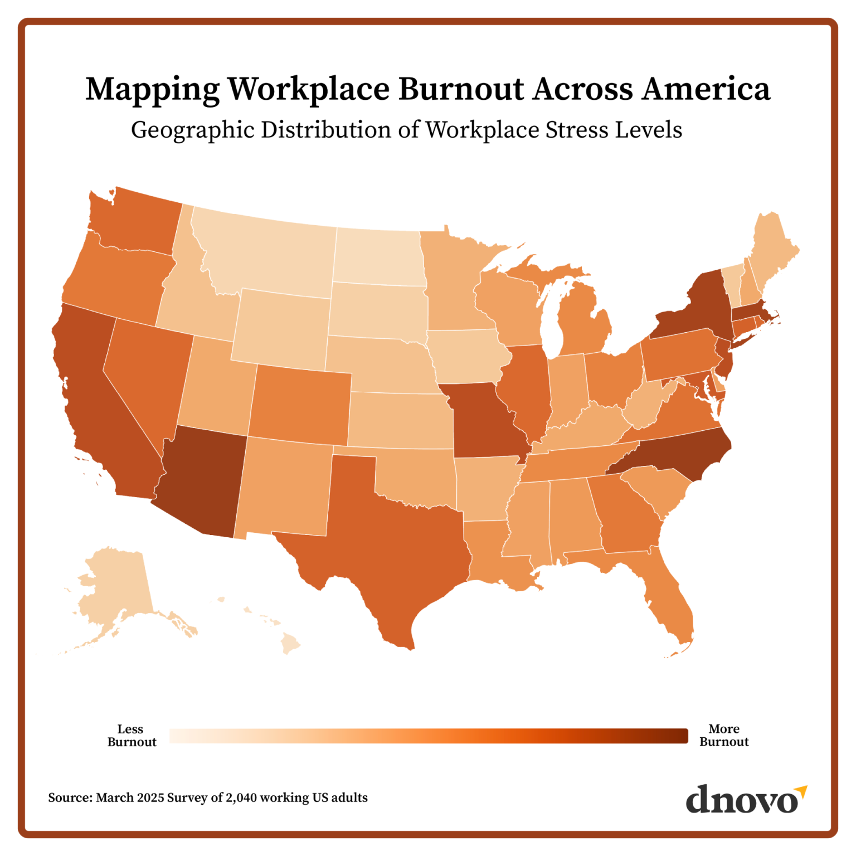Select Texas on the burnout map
point(390,535)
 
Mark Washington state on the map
point(139,223)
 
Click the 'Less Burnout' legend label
point(132,736)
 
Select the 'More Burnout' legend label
point(724,736)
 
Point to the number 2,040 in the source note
point(241,797)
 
